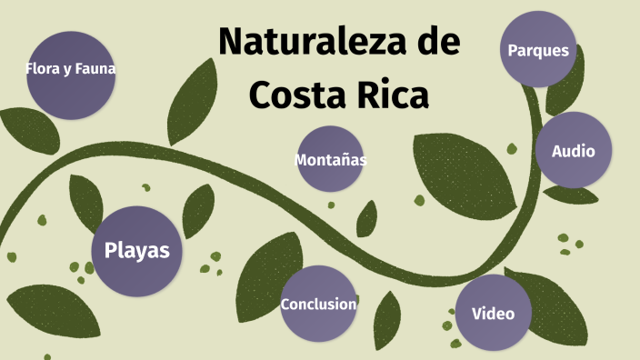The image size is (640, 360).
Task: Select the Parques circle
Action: click(x=538, y=49)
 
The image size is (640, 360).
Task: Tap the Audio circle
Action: click(x=573, y=150)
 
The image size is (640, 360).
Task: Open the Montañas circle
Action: click(x=330, y=159)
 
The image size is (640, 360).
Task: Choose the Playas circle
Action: click(x=136, y=251)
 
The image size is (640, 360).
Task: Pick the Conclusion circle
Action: click(x=317, y=304)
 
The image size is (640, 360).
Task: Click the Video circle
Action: click(x=493, y=314)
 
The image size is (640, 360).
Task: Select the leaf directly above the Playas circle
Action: click(x=86, y=199)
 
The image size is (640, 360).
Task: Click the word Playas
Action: click(x=136, y=251)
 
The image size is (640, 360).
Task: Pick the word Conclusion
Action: click(x=317, y=304)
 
